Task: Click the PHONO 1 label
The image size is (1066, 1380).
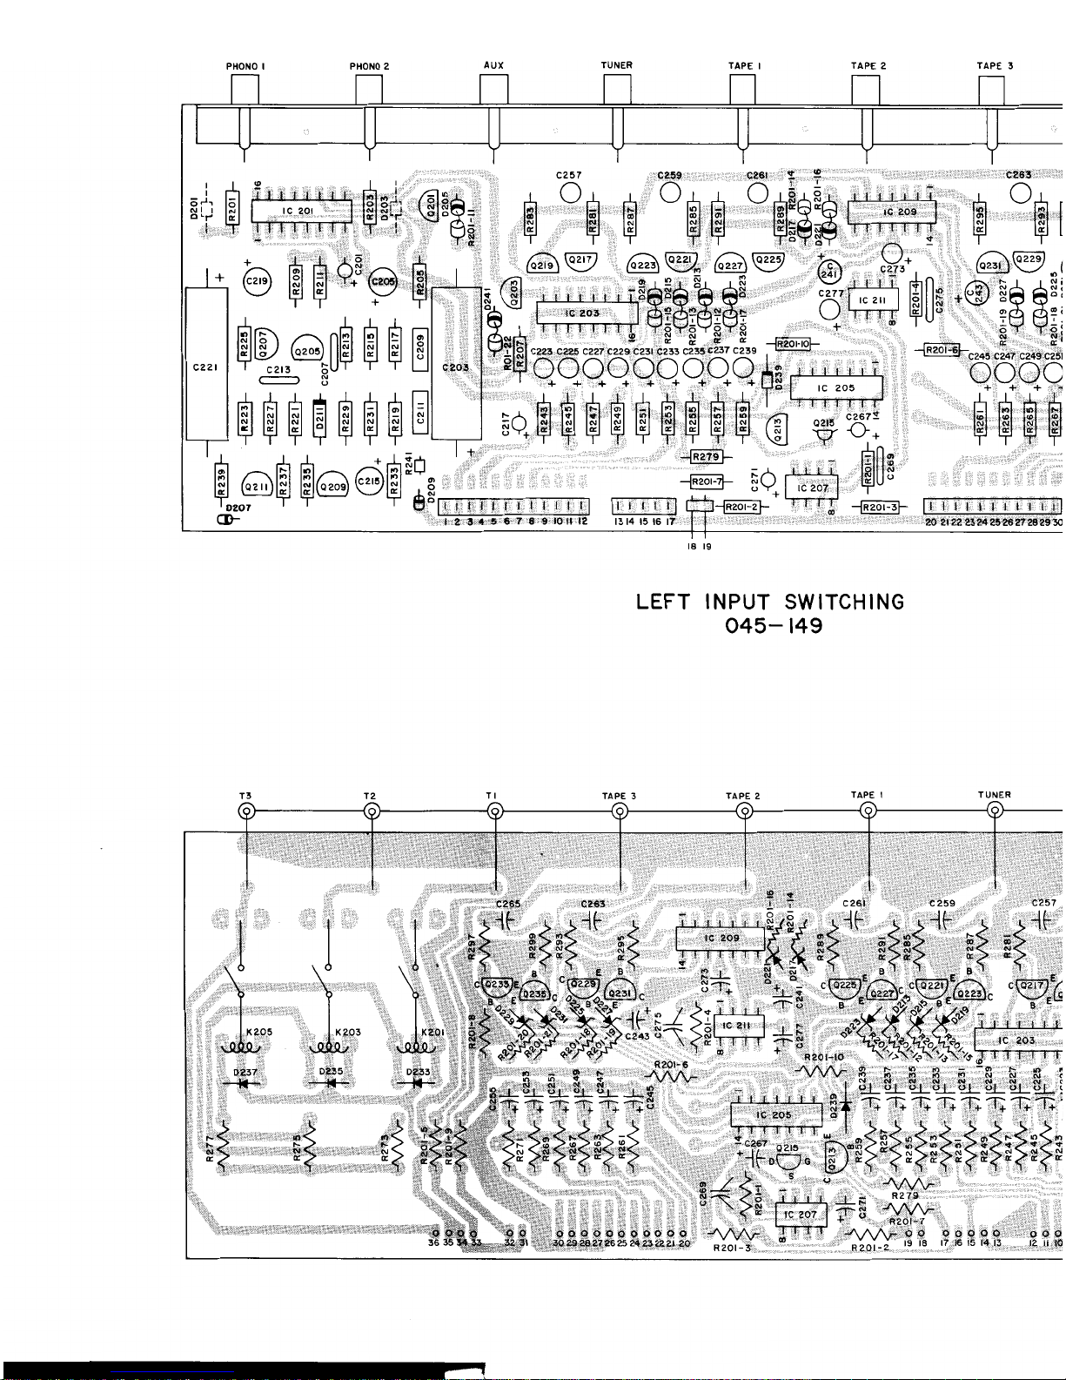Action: [x=245, y=66]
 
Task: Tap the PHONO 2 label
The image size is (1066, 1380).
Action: [x=369, y=66]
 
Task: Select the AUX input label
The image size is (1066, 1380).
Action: [x=493, y=65]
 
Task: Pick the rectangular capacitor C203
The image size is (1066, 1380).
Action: [x=456, y=367]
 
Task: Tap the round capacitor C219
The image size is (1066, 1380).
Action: [x=257, y=281]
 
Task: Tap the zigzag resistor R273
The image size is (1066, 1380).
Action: [x=396, y=1155]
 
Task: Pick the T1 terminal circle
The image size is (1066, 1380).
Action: [x=495, y=812]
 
